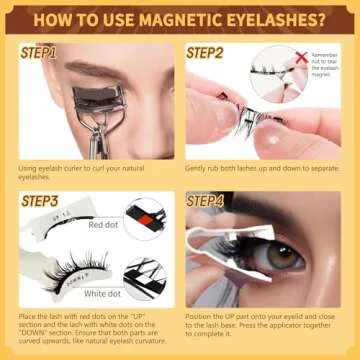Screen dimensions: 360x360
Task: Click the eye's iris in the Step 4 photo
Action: coord(283,256)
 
